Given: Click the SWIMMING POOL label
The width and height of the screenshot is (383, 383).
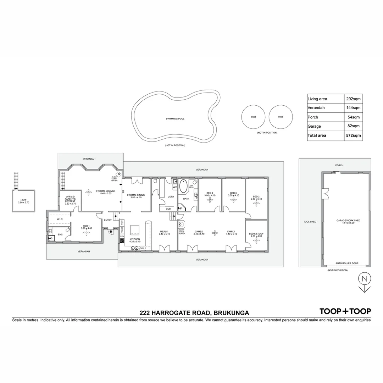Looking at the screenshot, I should tap(175, 119).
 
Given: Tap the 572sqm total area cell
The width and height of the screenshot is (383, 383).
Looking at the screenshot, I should tap(354, 135).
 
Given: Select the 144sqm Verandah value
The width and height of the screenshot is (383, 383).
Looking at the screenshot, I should tap(354, 108).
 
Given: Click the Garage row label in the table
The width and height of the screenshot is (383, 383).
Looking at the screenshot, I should tap(315, 126).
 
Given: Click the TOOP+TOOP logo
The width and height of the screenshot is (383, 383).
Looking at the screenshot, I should tap(345, 311).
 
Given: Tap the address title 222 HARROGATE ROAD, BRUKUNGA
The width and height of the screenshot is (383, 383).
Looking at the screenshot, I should tap(194, 313).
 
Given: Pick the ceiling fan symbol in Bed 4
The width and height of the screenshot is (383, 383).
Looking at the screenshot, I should tap(210, 200).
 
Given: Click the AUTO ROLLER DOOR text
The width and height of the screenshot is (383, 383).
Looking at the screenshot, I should tap(347, 263).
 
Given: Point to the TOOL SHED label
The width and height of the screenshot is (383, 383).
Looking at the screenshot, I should tap(310, 222).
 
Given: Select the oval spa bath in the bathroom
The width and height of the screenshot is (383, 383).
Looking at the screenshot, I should tap(184, 187).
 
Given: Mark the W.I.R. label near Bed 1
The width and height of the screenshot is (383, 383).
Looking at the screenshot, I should tap(60, 219).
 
